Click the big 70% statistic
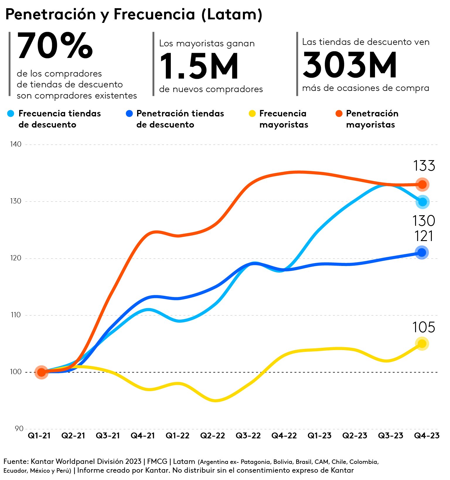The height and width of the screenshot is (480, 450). (55, 46)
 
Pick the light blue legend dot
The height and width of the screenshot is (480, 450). (11, 113)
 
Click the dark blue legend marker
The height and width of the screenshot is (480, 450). (129, 113)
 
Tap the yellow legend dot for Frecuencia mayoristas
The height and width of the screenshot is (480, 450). (252, 113)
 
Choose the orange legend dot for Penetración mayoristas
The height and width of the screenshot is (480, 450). (339, 113)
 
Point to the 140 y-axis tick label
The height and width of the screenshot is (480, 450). (16, 144)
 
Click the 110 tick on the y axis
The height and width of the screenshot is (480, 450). (16, 315)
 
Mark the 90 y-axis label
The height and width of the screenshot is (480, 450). (19, 429)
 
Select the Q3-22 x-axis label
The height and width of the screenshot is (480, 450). (248, 436)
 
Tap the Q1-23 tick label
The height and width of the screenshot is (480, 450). (319, 436)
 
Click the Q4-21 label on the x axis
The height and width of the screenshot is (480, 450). (143, 436)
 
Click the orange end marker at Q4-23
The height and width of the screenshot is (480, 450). (422, 184)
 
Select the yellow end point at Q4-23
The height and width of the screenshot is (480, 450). (422, 344)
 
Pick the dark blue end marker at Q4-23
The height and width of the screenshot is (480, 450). (422, 252)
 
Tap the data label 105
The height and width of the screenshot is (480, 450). (424, 327)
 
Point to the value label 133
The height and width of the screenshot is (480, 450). (424, 166)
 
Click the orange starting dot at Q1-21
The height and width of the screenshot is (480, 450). (42, 372)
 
